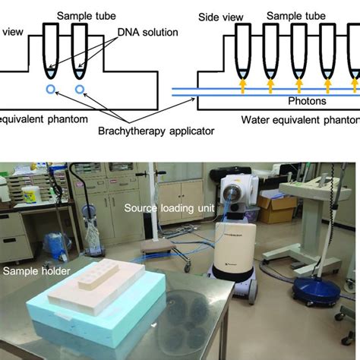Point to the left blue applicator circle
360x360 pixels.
pos(50,89)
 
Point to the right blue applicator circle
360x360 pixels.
pos(81,89)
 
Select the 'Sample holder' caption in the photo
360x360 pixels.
pos(36,271)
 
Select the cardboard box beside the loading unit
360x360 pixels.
pos(276,208)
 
